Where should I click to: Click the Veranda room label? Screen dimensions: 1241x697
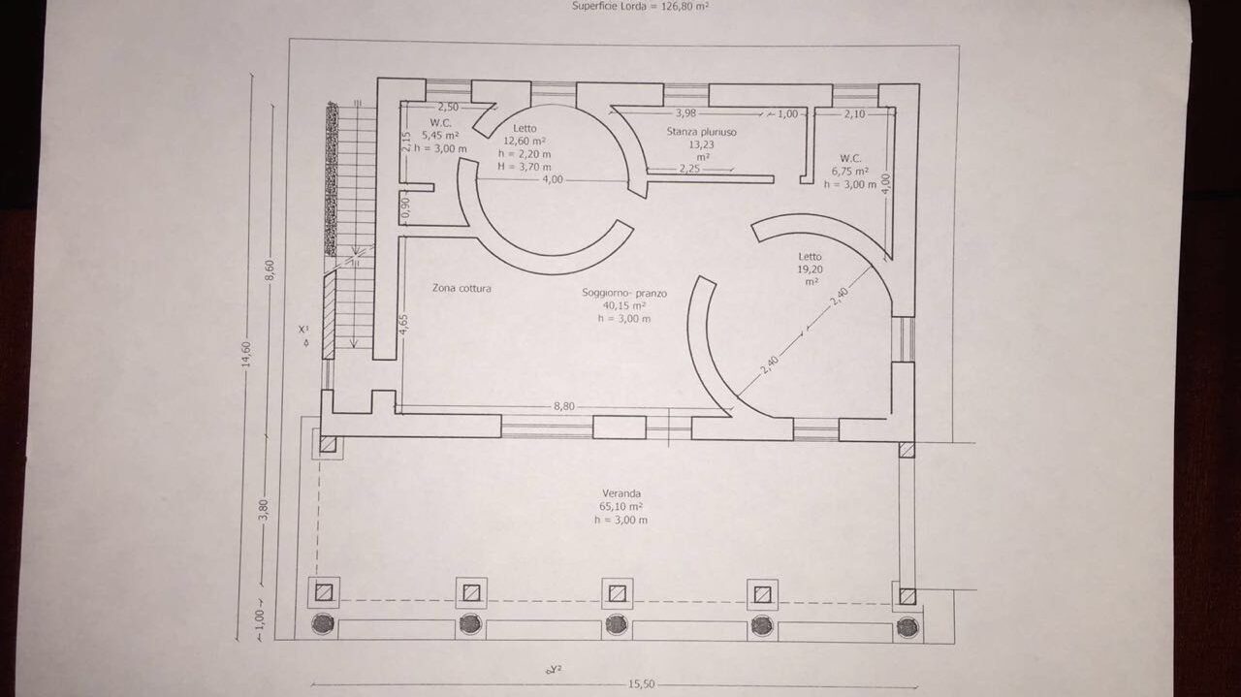tap(621, 493)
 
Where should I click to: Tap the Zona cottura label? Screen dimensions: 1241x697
tap(461, 288)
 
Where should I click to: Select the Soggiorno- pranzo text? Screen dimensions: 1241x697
tap(624, 293)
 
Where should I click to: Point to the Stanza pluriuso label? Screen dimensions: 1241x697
tap(701, 132)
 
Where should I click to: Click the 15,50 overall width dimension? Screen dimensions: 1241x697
tap(641, 684)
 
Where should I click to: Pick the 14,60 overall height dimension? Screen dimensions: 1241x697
tap(246, 354)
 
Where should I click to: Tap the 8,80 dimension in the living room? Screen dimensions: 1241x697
tap(564, 406)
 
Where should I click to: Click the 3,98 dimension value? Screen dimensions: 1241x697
tap(685, 113)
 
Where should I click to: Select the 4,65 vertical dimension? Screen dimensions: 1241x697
tap(404, 324)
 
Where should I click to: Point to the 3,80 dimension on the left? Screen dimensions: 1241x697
tap(265, 510)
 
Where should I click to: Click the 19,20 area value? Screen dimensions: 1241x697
tap(810, 269)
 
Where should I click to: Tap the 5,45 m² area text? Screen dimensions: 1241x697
tap(440, 135)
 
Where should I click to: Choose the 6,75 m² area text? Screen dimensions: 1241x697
tap(850, 172)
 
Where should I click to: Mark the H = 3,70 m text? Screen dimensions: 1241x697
tap(525, 166)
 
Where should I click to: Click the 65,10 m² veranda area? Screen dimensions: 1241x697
tap(621, 506)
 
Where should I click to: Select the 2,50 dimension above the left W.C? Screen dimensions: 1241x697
tap(448, 107)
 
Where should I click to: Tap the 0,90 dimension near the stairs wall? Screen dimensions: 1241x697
tap(405, 206)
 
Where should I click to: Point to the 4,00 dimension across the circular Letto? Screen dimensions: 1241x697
tap(553, 179)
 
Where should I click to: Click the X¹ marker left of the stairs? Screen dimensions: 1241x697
tap(303, 329)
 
